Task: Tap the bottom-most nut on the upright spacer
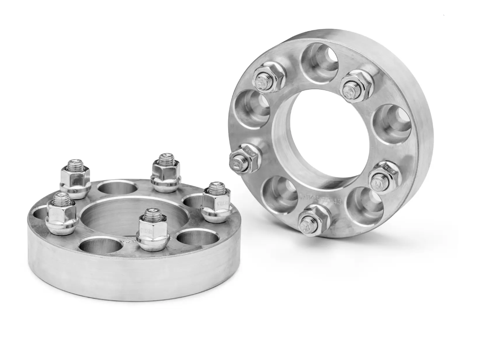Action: (x=313, y=220)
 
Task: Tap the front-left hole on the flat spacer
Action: (x=97, y=246)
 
